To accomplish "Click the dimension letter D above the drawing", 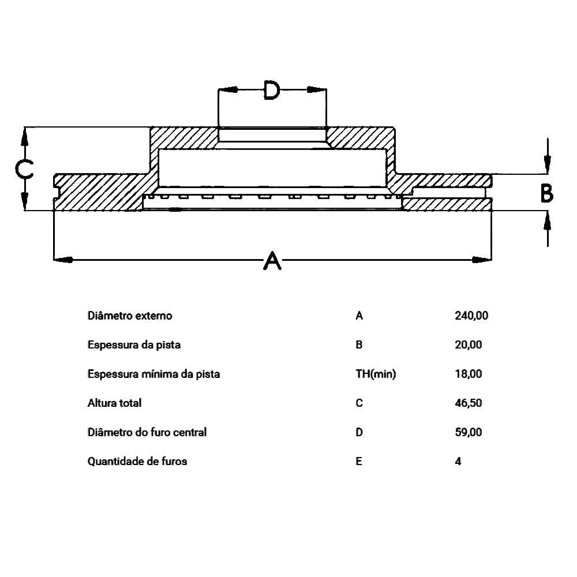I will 272,90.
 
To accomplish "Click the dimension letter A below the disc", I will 272,260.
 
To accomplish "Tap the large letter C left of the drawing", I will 24,169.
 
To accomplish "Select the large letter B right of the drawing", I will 546,194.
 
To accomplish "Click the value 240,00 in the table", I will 471,316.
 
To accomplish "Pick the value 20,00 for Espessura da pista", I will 469,345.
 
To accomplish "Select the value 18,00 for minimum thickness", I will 469,374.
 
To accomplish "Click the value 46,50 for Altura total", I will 469,403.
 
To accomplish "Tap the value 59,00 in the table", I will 469,432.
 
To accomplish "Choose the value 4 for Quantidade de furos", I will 458,461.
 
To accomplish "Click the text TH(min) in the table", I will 376,374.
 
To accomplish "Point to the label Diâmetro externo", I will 130,316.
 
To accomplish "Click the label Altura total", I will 114,403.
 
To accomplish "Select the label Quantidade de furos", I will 137,461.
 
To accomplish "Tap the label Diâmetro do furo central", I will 147,432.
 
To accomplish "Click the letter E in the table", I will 359,461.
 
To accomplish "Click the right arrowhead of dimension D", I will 317,89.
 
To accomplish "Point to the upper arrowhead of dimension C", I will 24,137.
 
